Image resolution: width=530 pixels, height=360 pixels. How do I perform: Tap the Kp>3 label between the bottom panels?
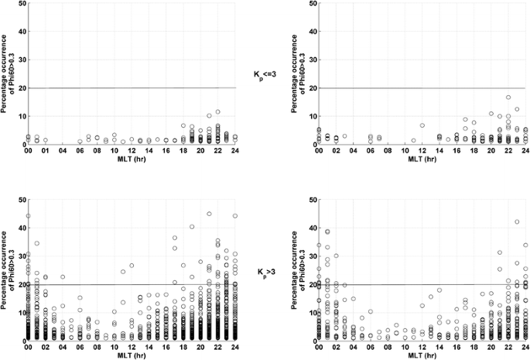click(x=265, y=273)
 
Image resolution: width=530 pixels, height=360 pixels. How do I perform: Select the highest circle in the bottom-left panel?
click(x=209, y=214)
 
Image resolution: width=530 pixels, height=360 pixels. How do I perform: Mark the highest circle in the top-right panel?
click(x=508, y=98)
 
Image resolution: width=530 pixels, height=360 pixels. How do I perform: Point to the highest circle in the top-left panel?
click(x=218, y=112)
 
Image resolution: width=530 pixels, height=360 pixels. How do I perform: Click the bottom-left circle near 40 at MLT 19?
click(x=192, y=227)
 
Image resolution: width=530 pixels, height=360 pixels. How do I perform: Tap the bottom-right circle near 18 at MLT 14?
click(x=439, y=290)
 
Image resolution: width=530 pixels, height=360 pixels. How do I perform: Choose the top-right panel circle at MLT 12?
click(x=422, y=125)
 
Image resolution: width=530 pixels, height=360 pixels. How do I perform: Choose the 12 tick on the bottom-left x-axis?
click(x=132, y=349)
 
